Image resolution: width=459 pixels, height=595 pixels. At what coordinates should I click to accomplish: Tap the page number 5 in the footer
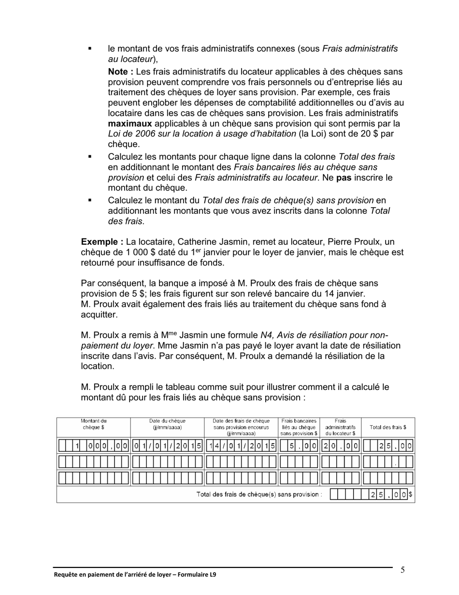(x=402, y=570)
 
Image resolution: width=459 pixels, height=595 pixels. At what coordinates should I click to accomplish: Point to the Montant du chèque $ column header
(x=93, y=424)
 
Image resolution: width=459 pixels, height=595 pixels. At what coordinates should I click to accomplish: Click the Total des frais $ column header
(x=387, y=427)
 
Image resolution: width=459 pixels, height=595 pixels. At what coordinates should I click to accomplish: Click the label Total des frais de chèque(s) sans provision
(x=259, y=494)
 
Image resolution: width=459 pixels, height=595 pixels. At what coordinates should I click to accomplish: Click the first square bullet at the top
(x=89, y=49)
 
